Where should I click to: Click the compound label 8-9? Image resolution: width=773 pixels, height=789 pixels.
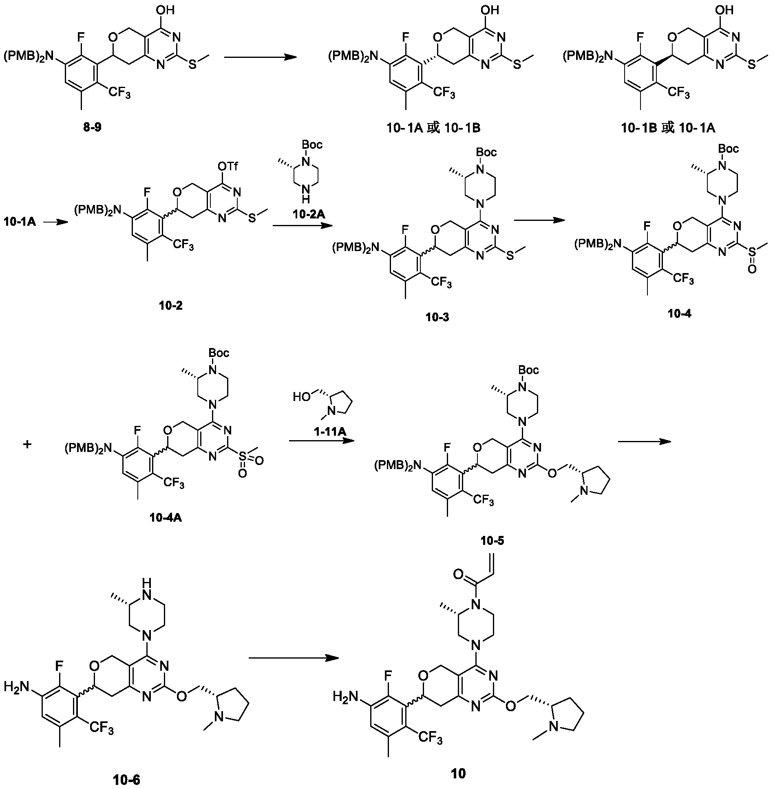92,127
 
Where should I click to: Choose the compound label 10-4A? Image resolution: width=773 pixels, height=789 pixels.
166,518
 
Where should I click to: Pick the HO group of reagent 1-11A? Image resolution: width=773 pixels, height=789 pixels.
302,396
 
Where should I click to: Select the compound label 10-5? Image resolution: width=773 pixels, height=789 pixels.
492,540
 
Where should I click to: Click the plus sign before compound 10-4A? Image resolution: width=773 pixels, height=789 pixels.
27,444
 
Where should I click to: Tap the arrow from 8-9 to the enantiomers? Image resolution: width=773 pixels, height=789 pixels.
260,57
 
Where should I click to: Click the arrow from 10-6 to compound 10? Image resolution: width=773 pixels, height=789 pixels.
294,658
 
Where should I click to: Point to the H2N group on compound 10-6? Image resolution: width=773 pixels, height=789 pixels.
17,687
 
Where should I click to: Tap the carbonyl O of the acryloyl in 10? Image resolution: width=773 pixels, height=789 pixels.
458,575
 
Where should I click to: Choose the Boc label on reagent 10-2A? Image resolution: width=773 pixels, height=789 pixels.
312,144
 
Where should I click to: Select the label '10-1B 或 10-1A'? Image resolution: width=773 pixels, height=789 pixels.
668,128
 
